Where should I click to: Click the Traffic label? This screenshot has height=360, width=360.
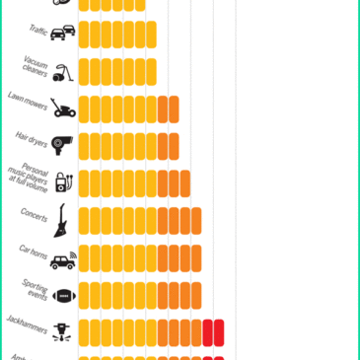tap(37, 31)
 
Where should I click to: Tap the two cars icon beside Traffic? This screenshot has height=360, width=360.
tap(62, 35)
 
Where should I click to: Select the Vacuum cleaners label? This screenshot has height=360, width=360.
tap(36, 65)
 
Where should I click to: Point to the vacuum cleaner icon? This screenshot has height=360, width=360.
tap(61, 72)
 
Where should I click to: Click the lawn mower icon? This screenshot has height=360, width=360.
tap(63, 108)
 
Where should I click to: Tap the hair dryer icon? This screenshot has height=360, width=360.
tap(61, 146)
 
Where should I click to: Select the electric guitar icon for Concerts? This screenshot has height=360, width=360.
tap(61, 219)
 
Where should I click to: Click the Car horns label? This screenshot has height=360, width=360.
tap(33, 251)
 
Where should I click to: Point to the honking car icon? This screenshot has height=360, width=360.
tap(63, 260)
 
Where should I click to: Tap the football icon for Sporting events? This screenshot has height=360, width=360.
tap(63, 295)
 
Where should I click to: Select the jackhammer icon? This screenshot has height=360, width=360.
tap(62, 331)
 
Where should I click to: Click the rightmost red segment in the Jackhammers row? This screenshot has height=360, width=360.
tap(219, 332)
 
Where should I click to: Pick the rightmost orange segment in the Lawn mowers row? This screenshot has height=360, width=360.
tap(174, 108)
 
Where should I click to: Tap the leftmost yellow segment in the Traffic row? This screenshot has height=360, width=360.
tap(84, 35)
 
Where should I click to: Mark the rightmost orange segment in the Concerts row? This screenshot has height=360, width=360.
tap(196, 220)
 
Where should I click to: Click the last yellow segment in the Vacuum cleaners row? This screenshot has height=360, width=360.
tap(151, 72)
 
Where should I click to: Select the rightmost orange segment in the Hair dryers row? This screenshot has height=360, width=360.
tap(174, 146)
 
